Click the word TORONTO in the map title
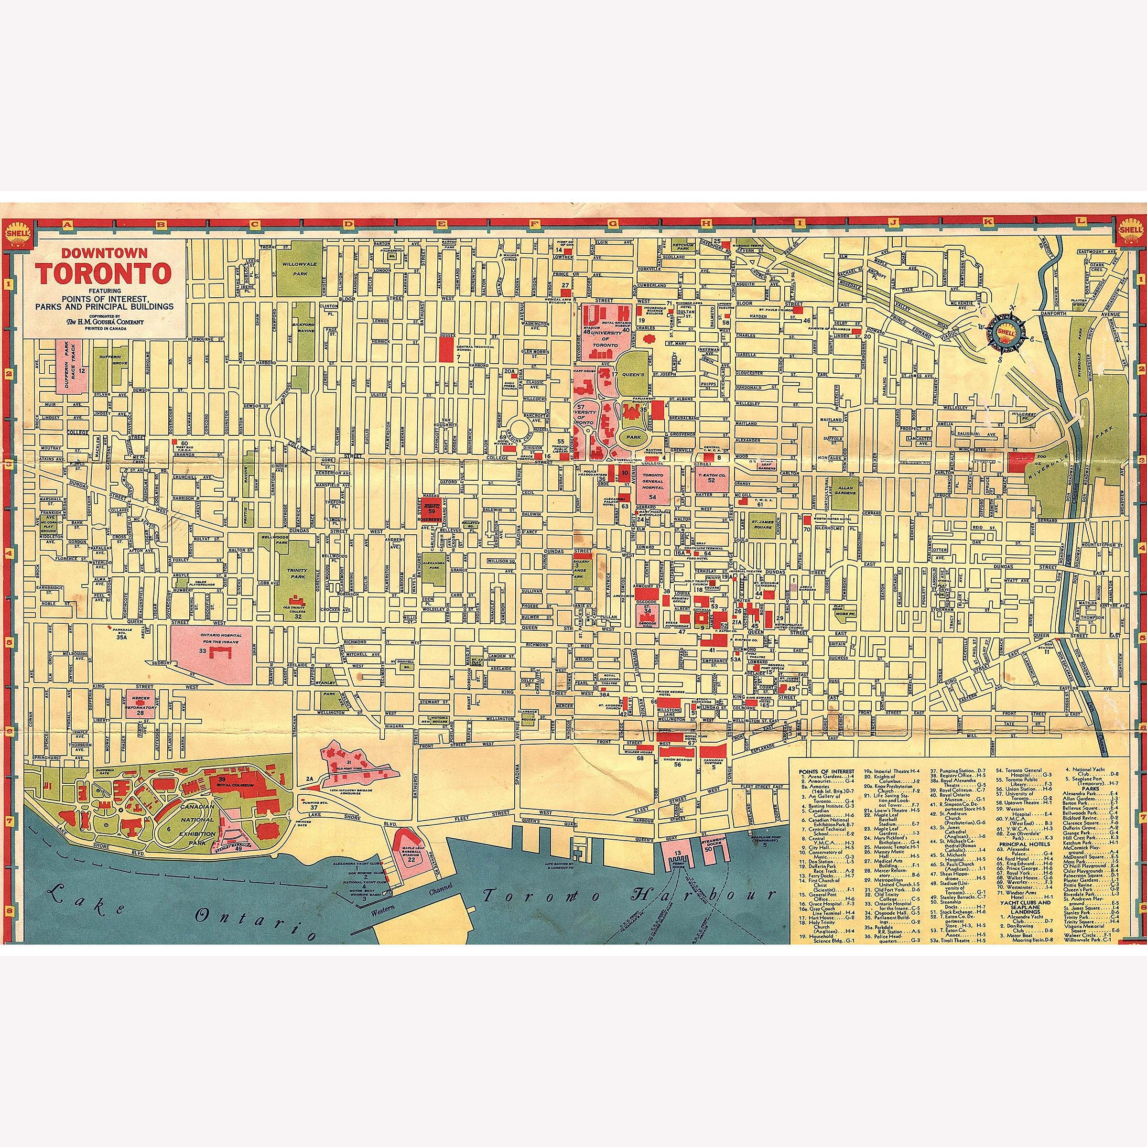[x=103, y=274]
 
